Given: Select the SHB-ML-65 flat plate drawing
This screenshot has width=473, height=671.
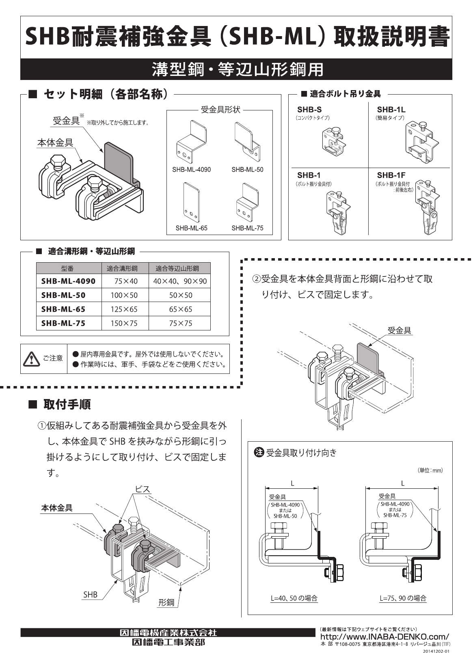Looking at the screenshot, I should point(192,202).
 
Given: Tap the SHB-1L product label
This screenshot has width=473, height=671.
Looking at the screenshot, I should point(391,109).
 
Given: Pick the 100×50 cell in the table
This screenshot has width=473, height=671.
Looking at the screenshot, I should point(124,295).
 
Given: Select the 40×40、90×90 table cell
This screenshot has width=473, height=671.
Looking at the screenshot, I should point(180,281).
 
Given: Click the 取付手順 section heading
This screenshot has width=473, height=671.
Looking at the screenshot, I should point(67,404).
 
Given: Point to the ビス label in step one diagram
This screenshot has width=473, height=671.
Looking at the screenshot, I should point(143,490).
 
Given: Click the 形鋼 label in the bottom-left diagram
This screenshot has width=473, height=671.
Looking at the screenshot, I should point(166,602).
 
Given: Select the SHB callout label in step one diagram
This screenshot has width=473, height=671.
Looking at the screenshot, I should point(90,595).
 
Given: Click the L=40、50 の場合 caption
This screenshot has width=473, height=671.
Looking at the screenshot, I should point(294,598).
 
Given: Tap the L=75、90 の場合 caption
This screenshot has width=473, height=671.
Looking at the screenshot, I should point(403,598).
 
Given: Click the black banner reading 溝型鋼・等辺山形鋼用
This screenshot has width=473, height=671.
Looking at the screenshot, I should point(236,69).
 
